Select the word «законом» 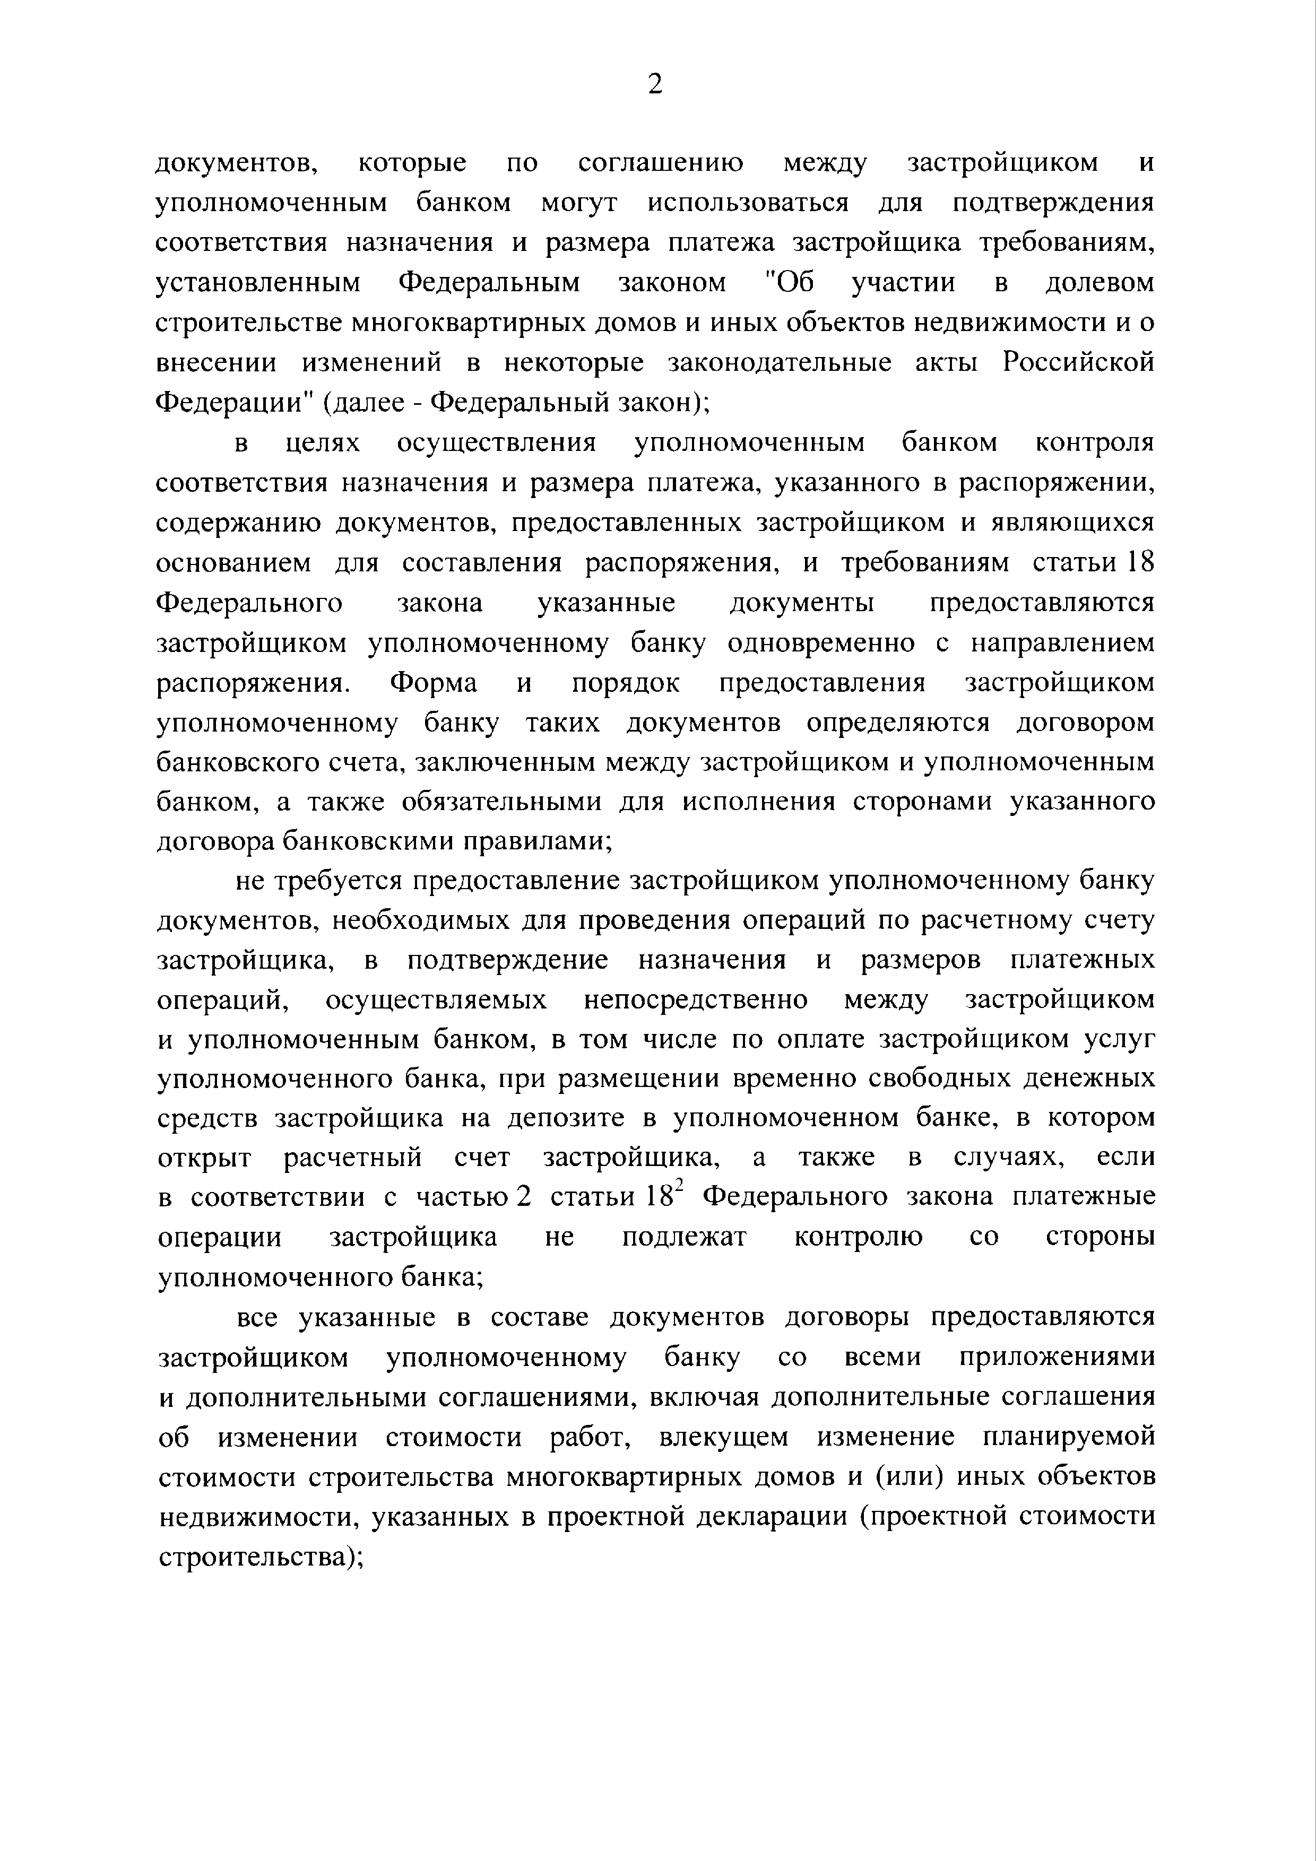(x=672, y=282)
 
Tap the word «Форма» (x=433, y=682)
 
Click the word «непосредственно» (x=695, y=1000)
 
